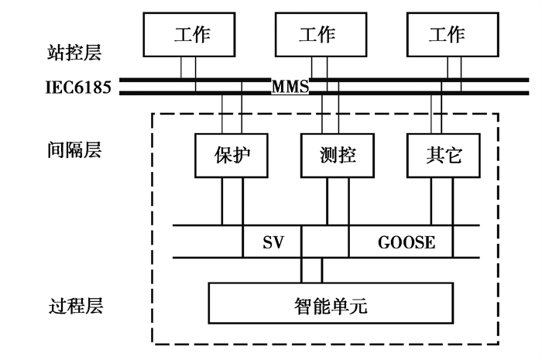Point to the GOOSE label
[x=406, y=242]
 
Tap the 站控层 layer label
[x=74, y=53]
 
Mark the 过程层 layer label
[x=74, y=305]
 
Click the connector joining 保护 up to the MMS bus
[x=232, y=115]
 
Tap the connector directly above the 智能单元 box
[x=311, y=270]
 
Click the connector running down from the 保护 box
[x=232, y=201]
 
